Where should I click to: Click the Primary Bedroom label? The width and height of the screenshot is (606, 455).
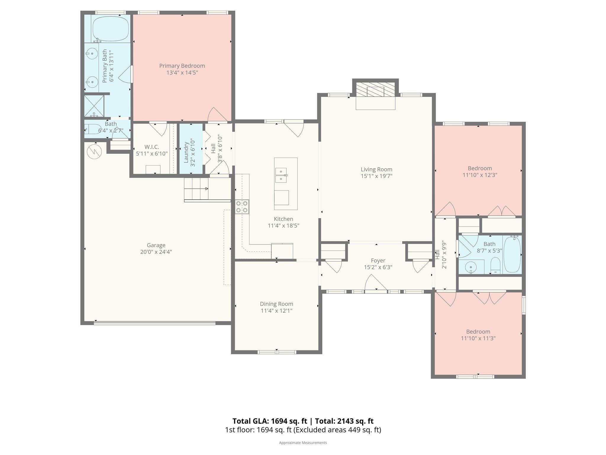(182, 66)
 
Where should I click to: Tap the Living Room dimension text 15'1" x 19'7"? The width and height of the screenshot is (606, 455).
(376, 176)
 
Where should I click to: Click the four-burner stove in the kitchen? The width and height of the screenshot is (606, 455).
(242, 207)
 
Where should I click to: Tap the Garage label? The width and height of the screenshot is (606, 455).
(156, 245)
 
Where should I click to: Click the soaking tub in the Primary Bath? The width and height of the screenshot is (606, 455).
(111, 29)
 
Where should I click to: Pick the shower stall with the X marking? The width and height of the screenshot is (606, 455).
(94, 106)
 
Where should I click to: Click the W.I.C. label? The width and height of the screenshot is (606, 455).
(152, 147)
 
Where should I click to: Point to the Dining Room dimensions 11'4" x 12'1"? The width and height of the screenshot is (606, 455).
(276, 311)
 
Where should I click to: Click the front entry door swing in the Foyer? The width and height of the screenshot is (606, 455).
(375, 283)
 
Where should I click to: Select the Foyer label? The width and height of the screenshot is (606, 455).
(378, 261)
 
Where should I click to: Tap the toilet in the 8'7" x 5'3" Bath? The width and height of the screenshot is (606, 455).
(495, 265)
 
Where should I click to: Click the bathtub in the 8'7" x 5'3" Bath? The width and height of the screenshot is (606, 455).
(512, 254)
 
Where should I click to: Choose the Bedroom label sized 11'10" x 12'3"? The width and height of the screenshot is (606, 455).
(480, 168)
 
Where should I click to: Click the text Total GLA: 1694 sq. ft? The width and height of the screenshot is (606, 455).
(270, 421)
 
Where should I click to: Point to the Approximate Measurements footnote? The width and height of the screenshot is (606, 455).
(303, 443)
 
